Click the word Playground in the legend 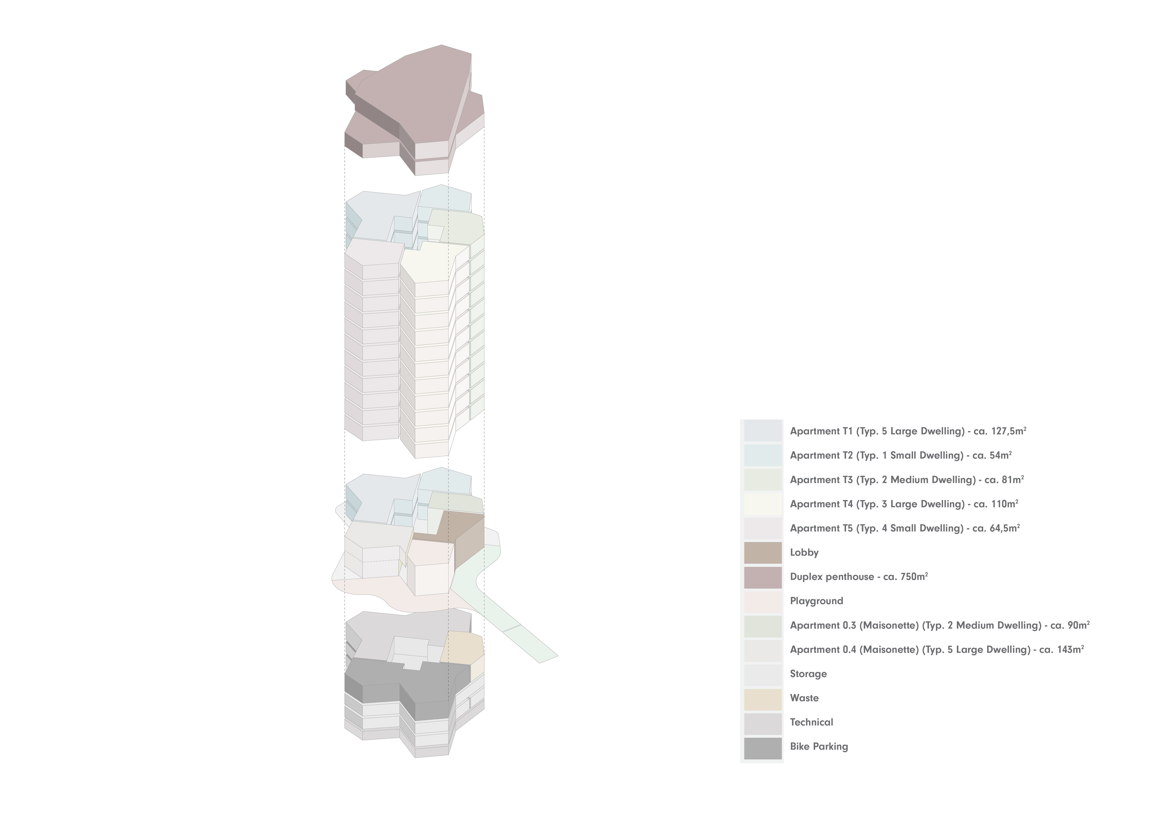816,601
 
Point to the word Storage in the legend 808,674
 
